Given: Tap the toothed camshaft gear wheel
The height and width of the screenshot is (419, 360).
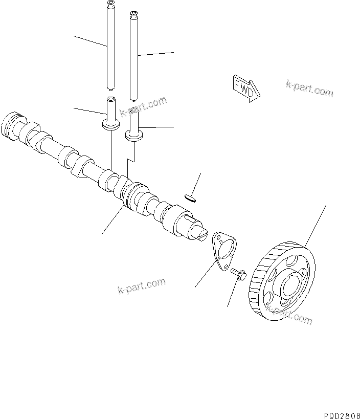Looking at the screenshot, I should (x=284, y=281).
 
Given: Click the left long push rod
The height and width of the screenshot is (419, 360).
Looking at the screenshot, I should (x=110, y=46).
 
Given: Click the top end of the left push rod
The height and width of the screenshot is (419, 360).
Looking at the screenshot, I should (x=110, y=5).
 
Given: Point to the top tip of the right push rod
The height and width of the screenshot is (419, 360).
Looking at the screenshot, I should (x=134, y=14).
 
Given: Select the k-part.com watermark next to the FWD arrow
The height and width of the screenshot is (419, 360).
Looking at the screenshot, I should (x=309, y=88).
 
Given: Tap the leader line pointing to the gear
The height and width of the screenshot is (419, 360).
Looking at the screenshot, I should (x=316, y=225).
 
